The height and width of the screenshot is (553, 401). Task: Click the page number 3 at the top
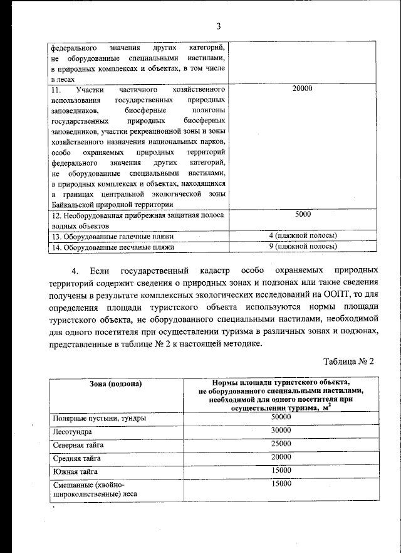218,26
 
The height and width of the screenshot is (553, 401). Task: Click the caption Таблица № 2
348,362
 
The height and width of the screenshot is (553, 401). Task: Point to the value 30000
281,431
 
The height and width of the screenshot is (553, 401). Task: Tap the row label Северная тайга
78,445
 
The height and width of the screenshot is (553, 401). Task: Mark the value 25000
281,444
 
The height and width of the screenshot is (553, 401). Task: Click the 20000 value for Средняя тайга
281,457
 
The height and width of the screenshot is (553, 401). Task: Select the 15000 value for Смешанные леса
281,483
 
